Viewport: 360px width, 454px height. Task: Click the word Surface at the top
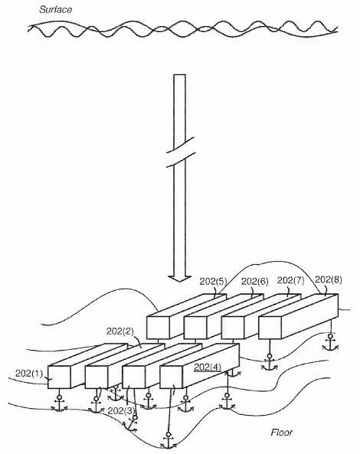click(56, 9)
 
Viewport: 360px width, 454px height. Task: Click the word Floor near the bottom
click(282, 433)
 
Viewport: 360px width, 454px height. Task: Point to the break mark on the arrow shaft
click(180, 152)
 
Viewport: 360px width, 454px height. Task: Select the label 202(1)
click(29, 374)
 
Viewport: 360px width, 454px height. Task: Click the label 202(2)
click(120, 332)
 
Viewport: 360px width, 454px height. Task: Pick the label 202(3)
click(121, 411)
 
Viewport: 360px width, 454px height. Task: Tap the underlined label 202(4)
click(208, 367)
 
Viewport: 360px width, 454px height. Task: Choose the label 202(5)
click(213, 282)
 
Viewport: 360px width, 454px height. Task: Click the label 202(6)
click(255, 281)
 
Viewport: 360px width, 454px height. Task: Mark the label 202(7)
click(291, 280)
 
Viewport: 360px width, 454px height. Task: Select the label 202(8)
click(329, 279)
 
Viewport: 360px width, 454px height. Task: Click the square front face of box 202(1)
click(59, 377)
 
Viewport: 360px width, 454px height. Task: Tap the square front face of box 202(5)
click(158, 328)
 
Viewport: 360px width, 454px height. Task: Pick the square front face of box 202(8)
click(270, 328)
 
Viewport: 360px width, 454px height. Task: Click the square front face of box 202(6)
click(195, 328)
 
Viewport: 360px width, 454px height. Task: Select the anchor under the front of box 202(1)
click(59, 403)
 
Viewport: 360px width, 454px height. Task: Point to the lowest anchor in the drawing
click(169, 441)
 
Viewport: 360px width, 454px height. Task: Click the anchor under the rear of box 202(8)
click(330, 343)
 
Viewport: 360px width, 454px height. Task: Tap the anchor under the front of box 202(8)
click(270, 362)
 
